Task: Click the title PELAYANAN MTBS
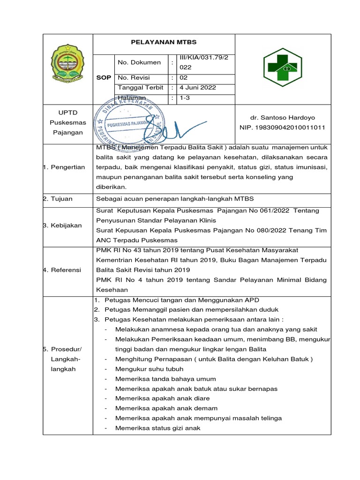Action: pos(164,42)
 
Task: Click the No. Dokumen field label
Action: pos(139,62)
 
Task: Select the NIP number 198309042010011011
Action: pos(283,127)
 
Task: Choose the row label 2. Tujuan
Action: pos(58,199)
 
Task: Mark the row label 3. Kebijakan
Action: pos(63,225)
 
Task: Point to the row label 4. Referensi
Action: pos(62,270)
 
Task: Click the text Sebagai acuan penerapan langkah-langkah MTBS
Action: pos(174,199)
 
